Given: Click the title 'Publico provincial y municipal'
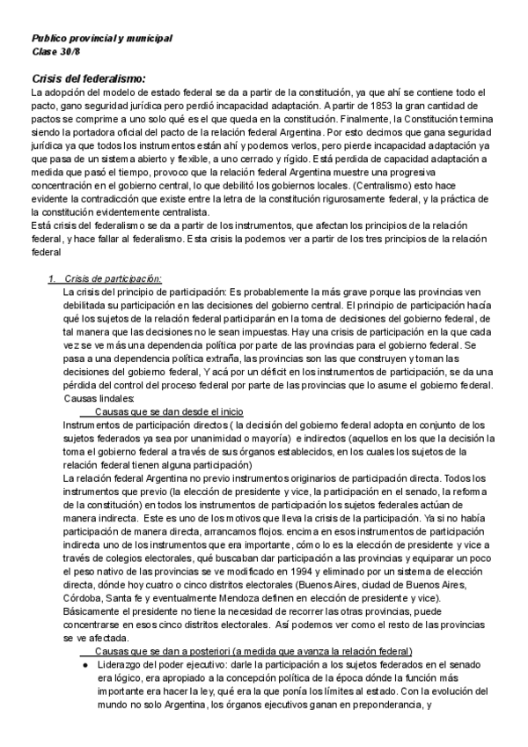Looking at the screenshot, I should [101, 39].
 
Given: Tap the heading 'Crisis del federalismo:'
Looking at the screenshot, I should [88, 78].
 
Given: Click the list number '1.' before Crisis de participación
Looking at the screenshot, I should [51, 278].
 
